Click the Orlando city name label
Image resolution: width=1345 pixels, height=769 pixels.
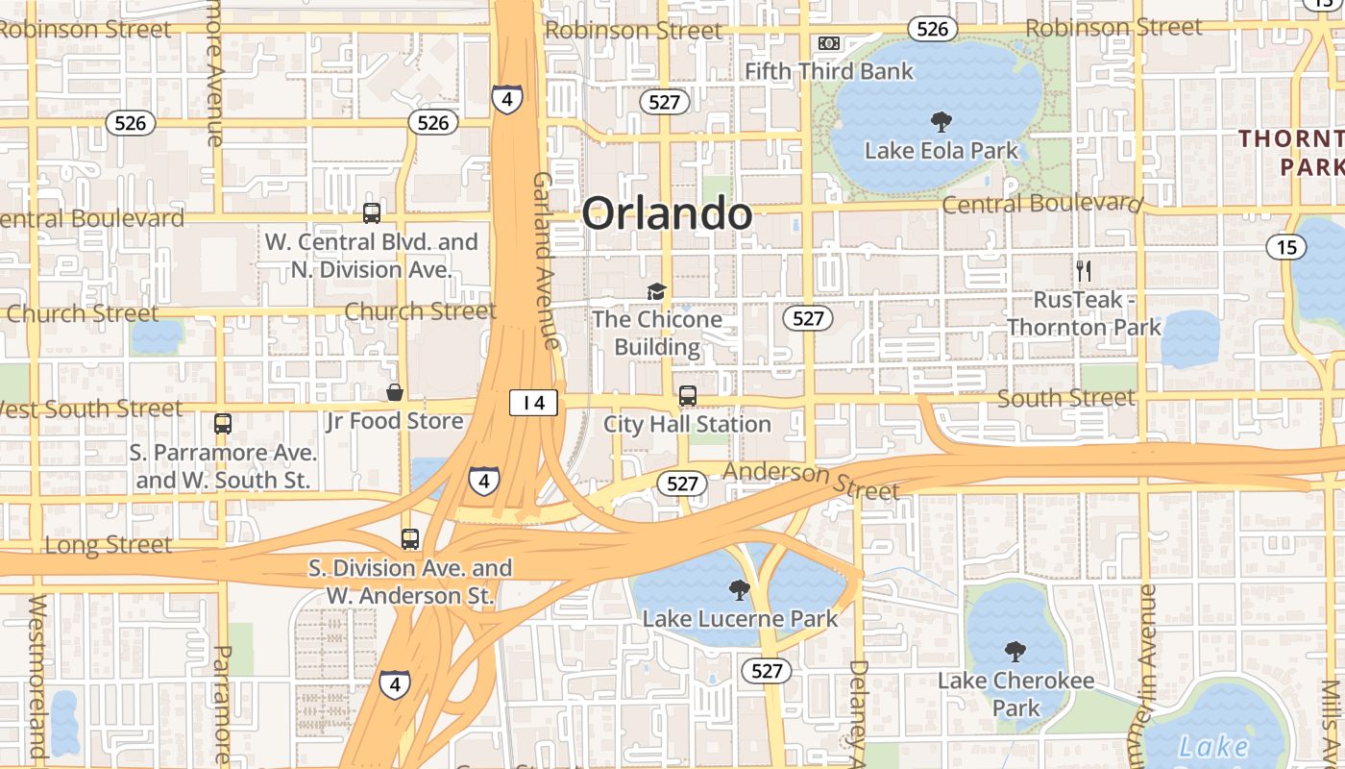(667, 212)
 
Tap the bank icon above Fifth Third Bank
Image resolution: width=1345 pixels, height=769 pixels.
(828, 43)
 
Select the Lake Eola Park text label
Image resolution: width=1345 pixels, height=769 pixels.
(941, 151)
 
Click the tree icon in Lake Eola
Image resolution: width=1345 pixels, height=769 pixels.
(941, 121)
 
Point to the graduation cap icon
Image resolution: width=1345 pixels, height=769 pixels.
(656, 291)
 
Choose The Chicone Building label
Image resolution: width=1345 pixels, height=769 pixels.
(657, 333)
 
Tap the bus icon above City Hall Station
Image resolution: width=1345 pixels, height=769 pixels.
(688, 395)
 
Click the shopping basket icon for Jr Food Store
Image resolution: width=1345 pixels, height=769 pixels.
(394, 392)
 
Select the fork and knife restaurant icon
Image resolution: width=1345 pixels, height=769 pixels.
(1084, 270)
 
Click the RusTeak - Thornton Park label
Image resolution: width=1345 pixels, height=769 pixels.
(1084, 313)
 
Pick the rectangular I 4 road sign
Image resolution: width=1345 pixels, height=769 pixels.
(533, 403)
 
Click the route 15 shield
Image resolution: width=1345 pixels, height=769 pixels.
(1285, 247)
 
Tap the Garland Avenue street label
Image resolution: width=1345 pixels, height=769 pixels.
(545, 260)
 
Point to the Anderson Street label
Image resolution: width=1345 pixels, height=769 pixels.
(812, 480)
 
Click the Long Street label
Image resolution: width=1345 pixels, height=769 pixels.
(109, 545)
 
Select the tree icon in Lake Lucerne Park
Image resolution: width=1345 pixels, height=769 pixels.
(739, 589)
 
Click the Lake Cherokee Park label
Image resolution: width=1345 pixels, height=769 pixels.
(1015, 694)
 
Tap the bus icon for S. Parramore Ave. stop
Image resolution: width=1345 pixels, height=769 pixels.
(223, 423)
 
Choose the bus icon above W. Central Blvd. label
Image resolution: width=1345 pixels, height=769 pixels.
(372, 213)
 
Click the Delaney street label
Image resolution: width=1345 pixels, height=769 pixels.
(859, 711)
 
